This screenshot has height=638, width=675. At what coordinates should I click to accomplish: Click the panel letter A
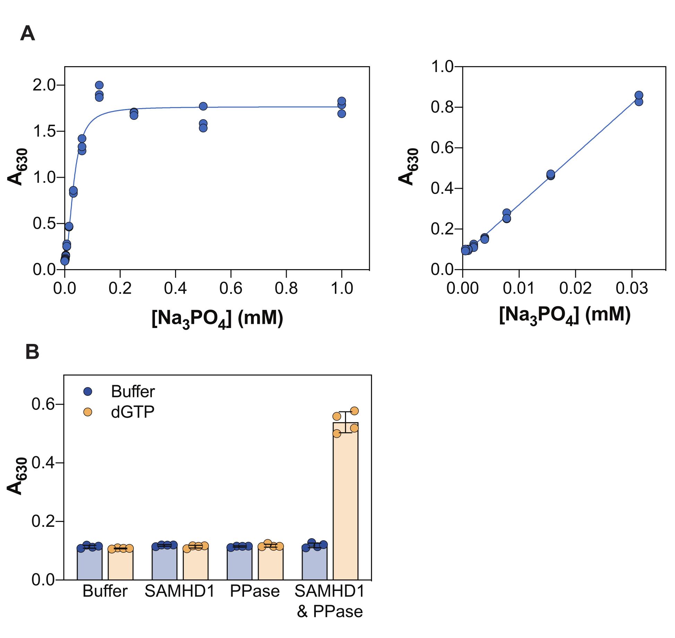click(x=28, y=34)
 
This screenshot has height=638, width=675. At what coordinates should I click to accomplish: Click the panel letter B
click(x=32, y=352)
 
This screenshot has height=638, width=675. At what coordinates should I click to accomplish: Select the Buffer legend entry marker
click(x=88, y=391)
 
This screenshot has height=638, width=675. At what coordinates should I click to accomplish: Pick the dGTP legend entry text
click(x=132, y=412)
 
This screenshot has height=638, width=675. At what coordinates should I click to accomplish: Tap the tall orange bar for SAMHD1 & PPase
click(x=345, y=502)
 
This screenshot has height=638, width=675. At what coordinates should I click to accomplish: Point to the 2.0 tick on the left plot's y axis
click(x=44, y=85)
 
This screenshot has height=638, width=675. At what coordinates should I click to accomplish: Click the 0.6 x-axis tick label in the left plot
click(x=231, y=288)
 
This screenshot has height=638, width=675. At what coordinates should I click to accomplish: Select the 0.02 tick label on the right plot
click(x=575, y=288)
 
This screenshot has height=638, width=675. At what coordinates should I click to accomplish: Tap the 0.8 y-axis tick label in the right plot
click(x=442, y=107)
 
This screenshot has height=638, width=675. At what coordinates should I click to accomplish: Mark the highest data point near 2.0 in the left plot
click(x=99, y=85)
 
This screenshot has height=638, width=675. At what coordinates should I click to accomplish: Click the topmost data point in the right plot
click(x=639, y=95)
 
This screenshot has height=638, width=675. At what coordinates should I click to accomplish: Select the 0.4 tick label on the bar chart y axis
click(x=43, y=463)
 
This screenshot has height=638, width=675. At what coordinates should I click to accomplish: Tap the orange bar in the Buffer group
click(x=120, y=565)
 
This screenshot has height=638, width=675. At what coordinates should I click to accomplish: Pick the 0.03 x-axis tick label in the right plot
click(x=632, y=288)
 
